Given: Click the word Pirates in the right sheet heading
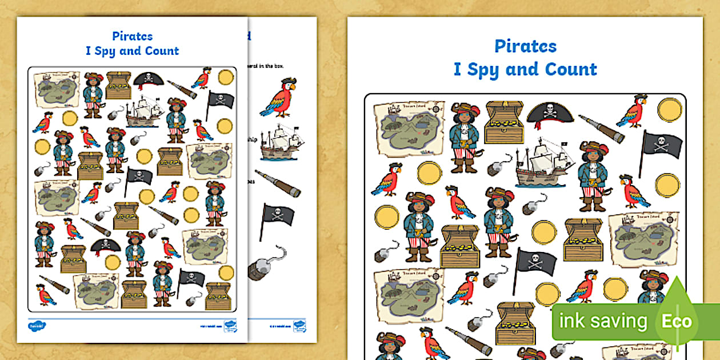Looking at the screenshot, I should pos(525,46).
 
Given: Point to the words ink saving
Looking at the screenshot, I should pos(602,321).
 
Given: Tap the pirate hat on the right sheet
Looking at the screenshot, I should pos(549,113).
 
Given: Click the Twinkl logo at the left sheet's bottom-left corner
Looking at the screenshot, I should pos(37,325).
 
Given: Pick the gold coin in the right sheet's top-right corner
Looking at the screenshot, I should pos(670,110).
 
